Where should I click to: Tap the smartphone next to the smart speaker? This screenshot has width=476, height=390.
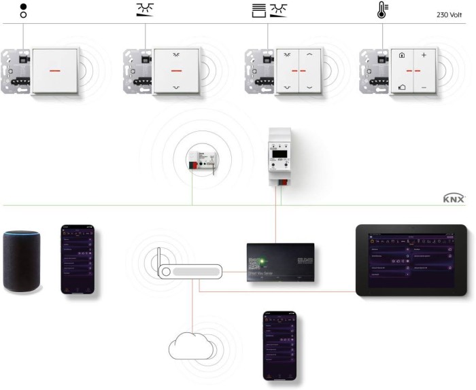[76, 259]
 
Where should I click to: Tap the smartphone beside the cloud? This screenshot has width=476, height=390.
[279, 345]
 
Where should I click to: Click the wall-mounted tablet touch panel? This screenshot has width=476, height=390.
[411, 260]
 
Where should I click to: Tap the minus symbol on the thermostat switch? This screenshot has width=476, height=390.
[424, 88]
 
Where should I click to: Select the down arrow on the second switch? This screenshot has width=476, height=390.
[176, 88]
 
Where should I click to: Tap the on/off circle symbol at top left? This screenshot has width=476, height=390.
[25, 10]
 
